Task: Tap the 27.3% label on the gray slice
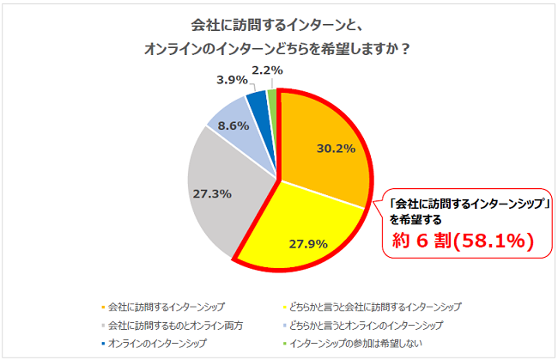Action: pos(212,194)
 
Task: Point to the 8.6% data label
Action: pos(234,124)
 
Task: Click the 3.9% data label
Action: pos(230,79)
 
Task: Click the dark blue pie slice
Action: pos(257,104)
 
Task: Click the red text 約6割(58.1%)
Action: pos(460,242)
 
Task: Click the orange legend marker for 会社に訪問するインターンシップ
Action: pos(102,306)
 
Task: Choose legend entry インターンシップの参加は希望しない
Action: pos(357,344)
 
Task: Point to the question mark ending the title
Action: pos(404,48)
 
